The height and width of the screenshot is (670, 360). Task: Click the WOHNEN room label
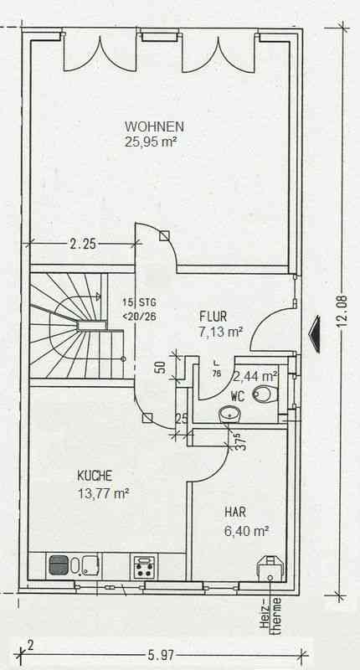(x=154, y=126)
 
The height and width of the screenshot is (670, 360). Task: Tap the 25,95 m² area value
(x=151, y=142)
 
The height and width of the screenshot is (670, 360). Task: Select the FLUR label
(x=213, y=317)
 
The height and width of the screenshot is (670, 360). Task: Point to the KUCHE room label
(x=95, y=476)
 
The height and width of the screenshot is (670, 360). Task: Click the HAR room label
(x=235, y=513)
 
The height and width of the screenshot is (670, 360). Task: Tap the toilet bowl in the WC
(x=264, y=394)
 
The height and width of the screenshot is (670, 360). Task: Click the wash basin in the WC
(x=229, y=414)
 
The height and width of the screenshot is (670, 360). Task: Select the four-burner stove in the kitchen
(x=144, y=566)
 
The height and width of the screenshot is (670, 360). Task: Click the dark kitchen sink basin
(x=59, y=564)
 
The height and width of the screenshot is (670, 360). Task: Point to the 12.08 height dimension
(x=341, y=312)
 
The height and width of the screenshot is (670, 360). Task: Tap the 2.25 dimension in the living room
(x=82, y=245)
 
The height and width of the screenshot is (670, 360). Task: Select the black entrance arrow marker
(x=315, y=334)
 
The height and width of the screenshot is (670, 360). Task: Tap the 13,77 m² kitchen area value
(x=103, y=494)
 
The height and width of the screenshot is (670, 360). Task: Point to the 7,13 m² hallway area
(x=221, y=332)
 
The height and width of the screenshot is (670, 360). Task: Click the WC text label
(x=238, y=396)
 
